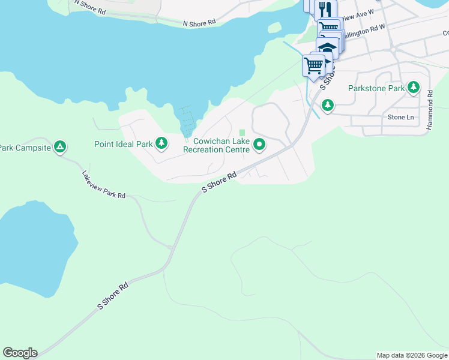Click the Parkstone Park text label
pos(376,88)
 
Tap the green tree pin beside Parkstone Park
pos(413,88)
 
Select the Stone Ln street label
pos(401,117)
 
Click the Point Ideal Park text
pos(124,144)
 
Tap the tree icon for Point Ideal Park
pos(161,143)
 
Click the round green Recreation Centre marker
pos(259,144)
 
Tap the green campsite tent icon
pos(59,146)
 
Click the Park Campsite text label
pos(25,148)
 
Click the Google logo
pos(20,353)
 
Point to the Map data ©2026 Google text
pos(411,355)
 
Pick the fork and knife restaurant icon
pos(325,9)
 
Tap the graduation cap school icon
pos(328,48)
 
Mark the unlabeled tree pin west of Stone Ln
pos(327,106)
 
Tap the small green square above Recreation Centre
pos(243,133)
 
